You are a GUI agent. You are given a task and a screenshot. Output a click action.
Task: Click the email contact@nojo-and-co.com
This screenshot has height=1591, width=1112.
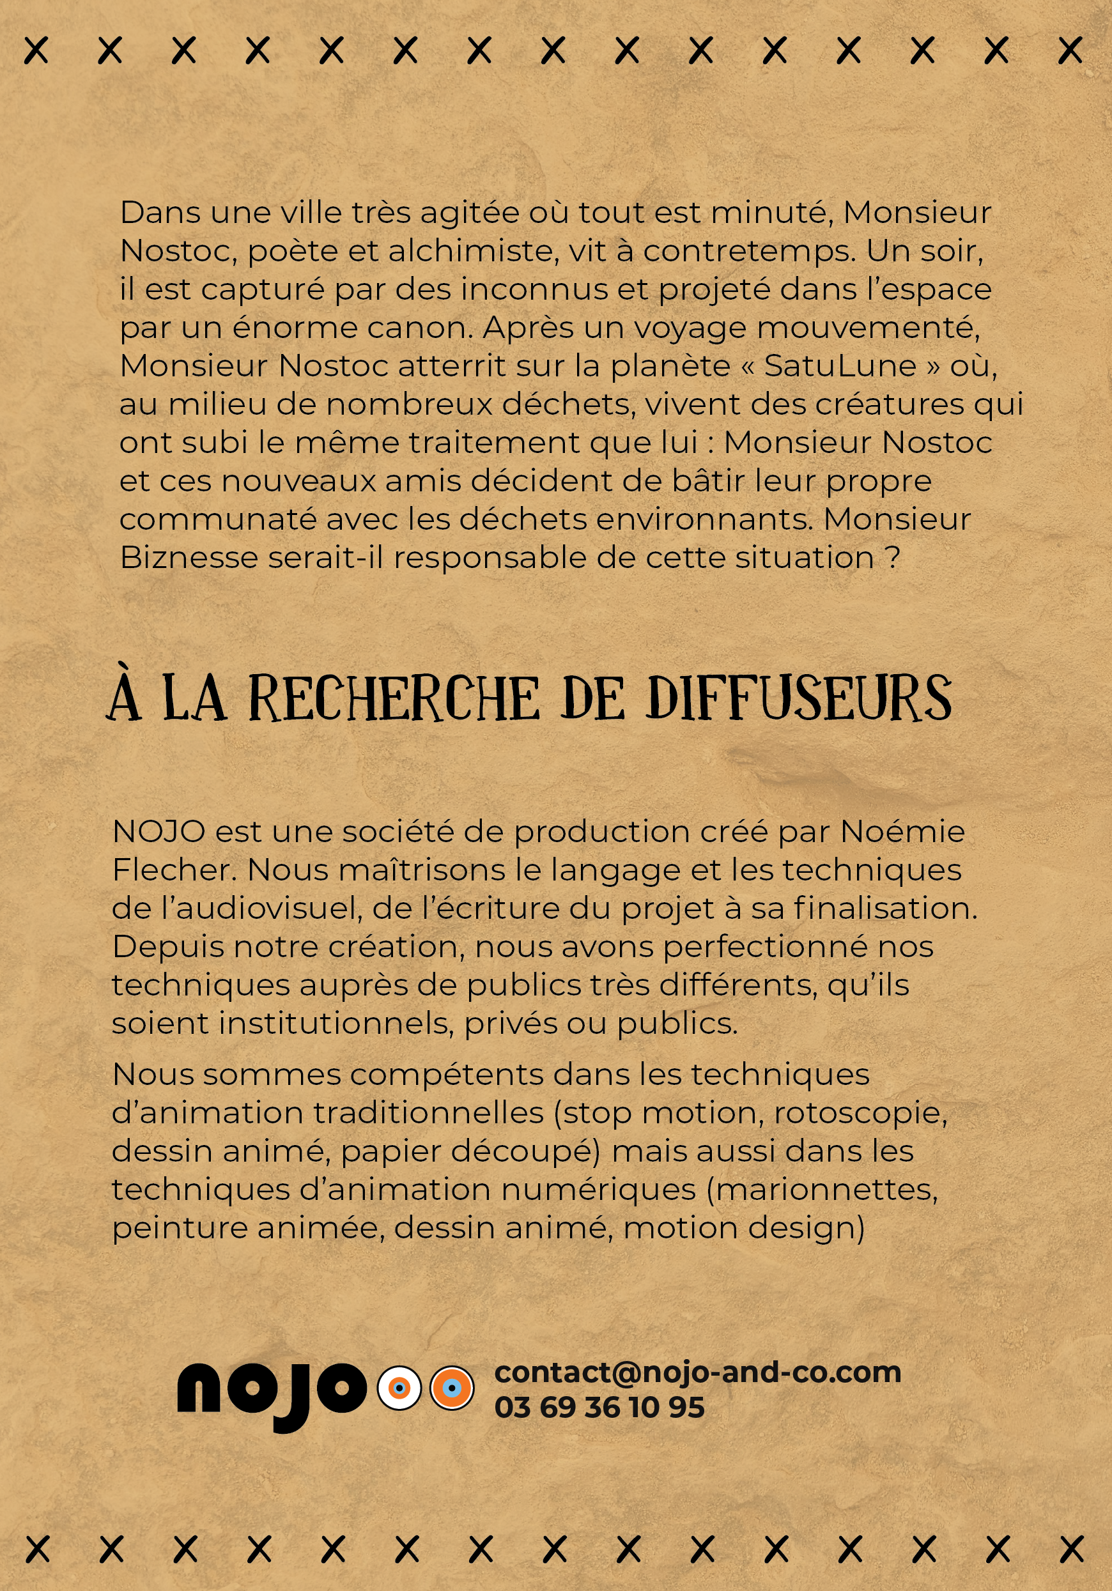coord(697,1372)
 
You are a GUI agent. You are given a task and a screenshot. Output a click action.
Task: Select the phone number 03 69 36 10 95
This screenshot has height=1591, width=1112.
coord(599,1408)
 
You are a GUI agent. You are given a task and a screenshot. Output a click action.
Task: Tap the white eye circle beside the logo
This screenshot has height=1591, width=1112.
coord(399,1388)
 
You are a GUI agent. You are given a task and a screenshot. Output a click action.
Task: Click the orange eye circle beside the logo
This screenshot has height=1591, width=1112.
coord(452,1388)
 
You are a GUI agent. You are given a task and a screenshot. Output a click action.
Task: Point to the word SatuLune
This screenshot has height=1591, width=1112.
coord(840,366)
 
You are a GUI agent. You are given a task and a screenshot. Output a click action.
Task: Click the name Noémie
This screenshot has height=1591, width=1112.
coord(902,831)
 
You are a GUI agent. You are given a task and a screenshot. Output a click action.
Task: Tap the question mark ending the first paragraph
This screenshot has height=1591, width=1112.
coord(893,558)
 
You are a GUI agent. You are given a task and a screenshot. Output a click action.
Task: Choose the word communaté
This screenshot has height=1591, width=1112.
coord(217,519)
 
